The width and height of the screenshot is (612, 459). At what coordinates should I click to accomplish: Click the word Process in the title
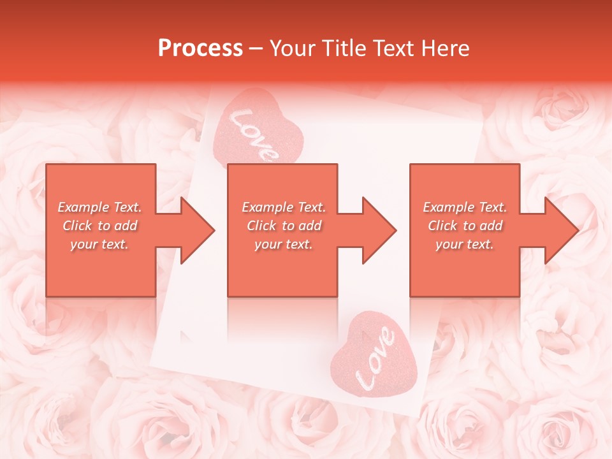click(200, 48)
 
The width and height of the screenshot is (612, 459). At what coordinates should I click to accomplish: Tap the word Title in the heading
click(341, 48)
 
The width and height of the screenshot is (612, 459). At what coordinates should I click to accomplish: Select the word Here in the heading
click(446, 48)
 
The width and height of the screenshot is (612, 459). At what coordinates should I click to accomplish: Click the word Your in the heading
click(294, 48)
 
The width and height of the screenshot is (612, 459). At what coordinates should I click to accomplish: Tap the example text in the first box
click(100, 226)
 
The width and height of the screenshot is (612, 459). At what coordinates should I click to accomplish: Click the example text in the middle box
click(284, 226)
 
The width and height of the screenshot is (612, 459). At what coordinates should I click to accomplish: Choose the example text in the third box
click(465, 226)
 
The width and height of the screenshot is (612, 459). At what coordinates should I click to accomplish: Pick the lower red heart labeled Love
click(374, 358)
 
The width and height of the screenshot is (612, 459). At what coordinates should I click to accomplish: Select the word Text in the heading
click(393, 48)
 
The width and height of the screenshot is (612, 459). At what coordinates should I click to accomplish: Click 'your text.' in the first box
click(100, 244)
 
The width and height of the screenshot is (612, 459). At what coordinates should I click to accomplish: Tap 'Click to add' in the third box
click(465, 226)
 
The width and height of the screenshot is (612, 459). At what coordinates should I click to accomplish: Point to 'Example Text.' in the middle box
click(284, 207)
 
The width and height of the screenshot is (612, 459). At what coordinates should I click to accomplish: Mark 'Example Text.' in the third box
click(465, 207)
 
